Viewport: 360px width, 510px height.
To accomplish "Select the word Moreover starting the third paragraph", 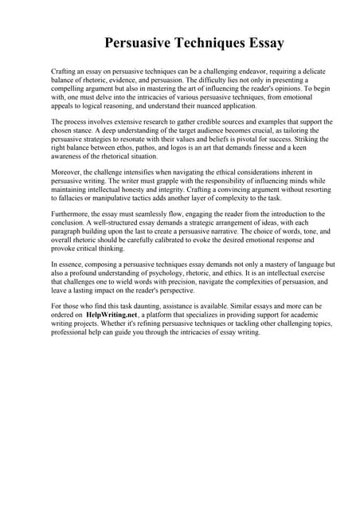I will point(68,172).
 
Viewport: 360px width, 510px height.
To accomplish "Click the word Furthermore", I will point(74,214).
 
